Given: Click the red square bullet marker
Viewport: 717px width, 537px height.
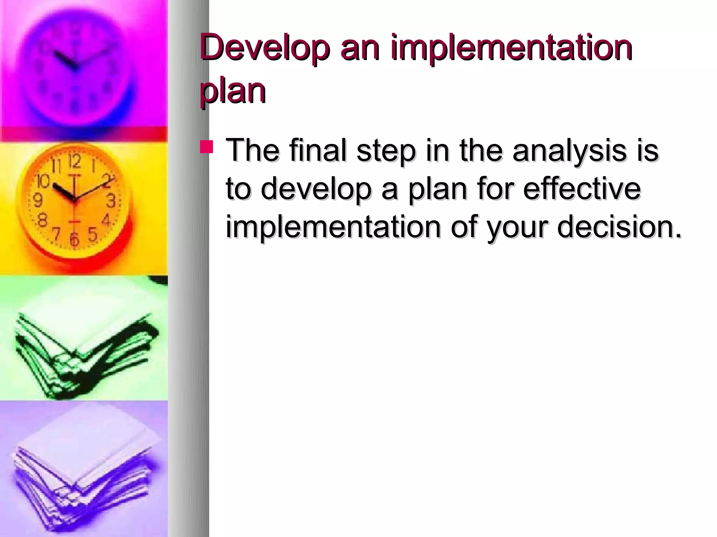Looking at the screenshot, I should click(x=206, y=147).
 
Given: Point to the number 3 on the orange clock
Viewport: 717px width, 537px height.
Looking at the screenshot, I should click(x=111, y=201).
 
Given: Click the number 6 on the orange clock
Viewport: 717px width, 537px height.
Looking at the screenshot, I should click(x=74, y=239).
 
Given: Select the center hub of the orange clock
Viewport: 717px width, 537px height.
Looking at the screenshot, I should click(x=74, y=200).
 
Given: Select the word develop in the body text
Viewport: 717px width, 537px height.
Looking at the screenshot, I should click(x=315, y=189).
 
